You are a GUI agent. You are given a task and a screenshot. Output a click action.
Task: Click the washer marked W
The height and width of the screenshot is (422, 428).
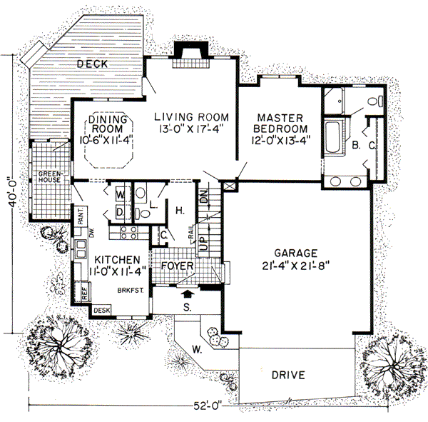[x=120, y=194]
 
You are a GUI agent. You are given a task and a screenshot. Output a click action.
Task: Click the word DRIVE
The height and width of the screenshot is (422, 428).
[x=288, y=374]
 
